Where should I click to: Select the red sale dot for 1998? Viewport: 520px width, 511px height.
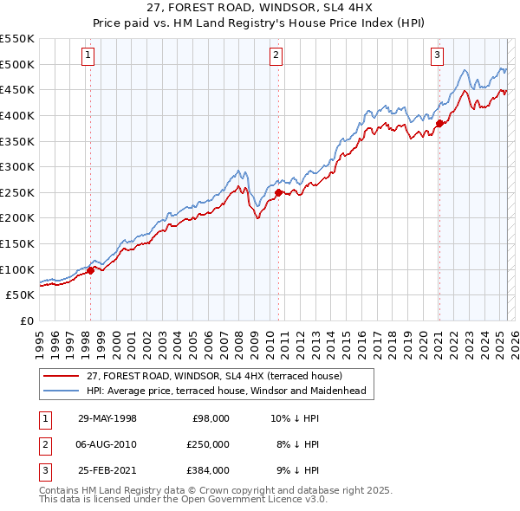pos(90,270)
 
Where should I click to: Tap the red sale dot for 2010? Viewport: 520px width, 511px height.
pos(278,192)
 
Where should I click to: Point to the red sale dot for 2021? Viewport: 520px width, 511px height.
pos(439,123)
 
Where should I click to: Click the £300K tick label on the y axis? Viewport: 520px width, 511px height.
pos(17,166)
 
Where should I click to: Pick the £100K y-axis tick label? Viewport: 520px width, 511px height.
pos(17,269)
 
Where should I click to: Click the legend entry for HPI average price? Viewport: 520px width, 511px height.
pos(226,391)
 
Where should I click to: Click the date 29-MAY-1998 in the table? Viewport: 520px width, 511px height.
pos(107,418)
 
